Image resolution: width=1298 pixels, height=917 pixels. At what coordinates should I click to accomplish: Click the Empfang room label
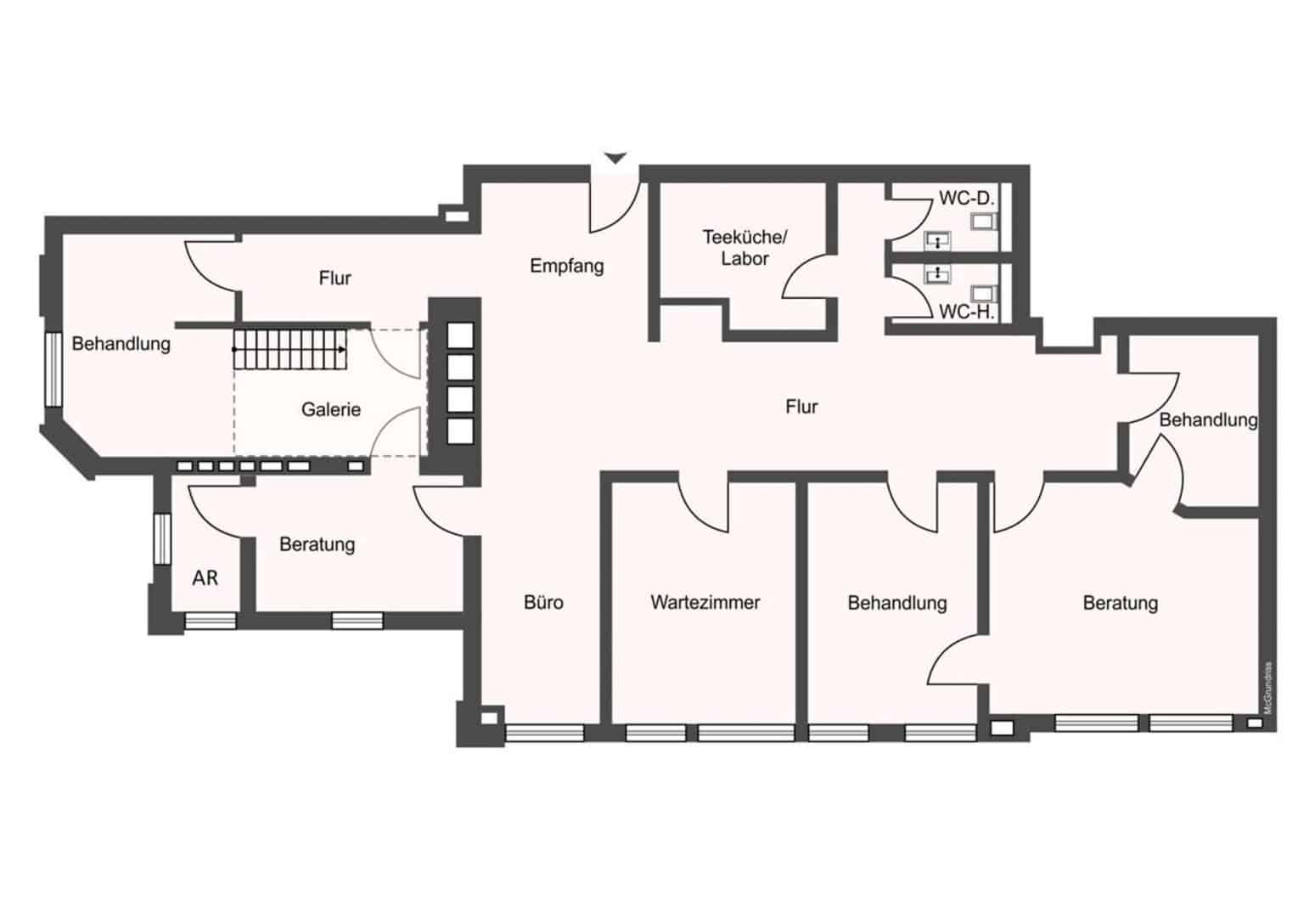567,266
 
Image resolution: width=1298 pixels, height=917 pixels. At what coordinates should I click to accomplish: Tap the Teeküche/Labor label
745,248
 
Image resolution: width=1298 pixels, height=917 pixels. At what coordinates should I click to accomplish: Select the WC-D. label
967,198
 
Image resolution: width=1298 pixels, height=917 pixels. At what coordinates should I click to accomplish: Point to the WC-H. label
967,312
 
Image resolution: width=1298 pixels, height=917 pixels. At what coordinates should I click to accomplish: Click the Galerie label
331,410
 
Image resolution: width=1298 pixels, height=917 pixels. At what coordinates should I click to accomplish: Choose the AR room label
205,578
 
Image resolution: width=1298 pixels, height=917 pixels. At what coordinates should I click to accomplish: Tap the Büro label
543,603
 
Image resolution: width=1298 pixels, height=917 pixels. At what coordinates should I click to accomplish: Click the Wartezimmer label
705,603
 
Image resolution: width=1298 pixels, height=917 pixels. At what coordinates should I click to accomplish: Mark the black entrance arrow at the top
615,158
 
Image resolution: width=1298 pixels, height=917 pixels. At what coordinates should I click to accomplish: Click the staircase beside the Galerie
290,349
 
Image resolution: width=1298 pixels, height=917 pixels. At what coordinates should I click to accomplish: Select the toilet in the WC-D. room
985,222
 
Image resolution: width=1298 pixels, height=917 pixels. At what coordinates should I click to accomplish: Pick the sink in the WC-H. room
937,273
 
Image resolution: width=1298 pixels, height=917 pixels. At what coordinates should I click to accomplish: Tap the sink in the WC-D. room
937,240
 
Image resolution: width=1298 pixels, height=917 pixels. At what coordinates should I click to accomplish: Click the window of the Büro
544,734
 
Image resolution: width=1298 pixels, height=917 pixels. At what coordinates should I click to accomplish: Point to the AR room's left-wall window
162,538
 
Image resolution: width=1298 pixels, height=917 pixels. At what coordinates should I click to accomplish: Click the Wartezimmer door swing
704,504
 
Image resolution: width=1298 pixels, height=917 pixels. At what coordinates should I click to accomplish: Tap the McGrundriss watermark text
1267,688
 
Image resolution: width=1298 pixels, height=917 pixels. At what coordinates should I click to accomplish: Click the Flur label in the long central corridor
801,407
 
